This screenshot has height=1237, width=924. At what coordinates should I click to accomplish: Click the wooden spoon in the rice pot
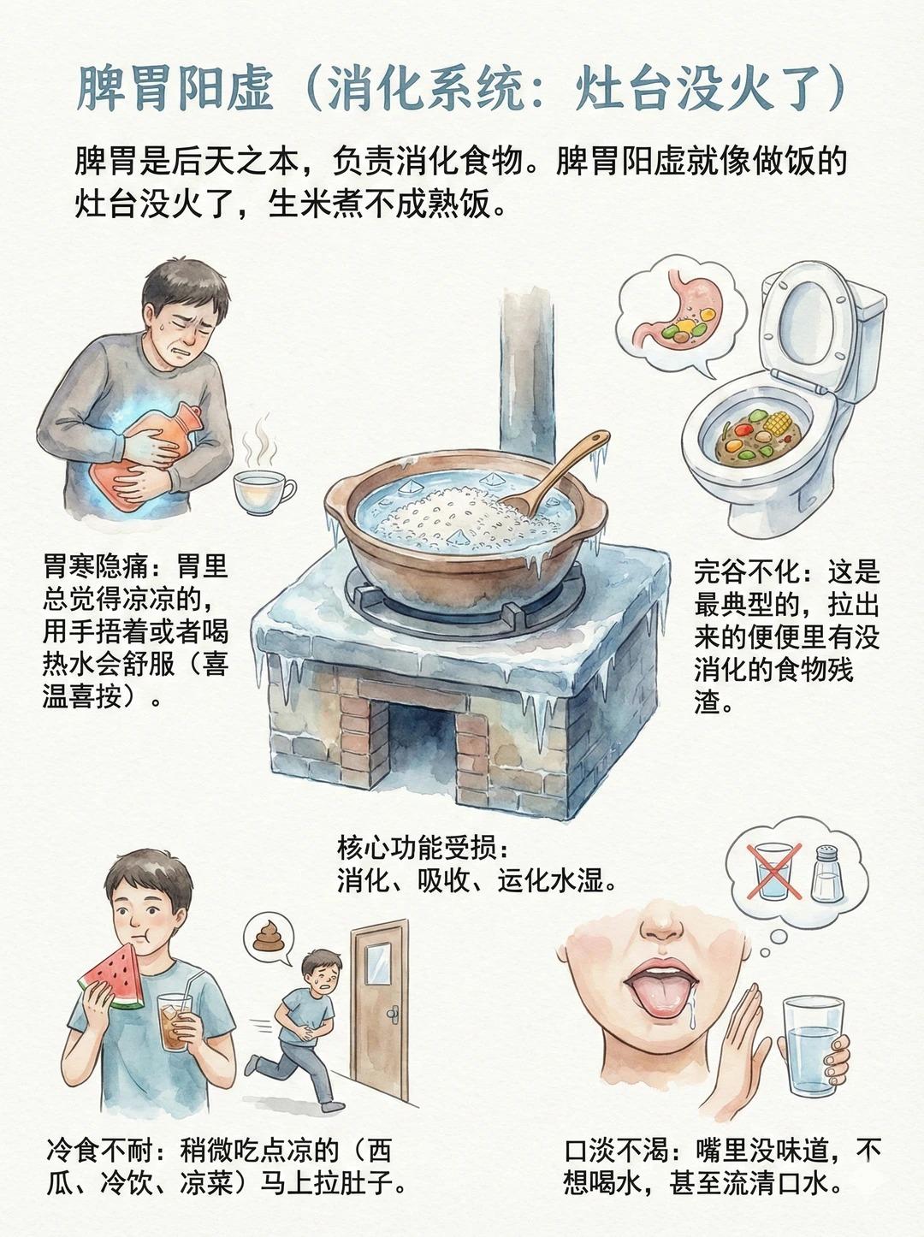[x=555, y=471]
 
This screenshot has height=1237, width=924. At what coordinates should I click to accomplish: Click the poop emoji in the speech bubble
[x=268, y=936]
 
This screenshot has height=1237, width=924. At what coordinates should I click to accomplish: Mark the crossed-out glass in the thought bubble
[x=773, y=871]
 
